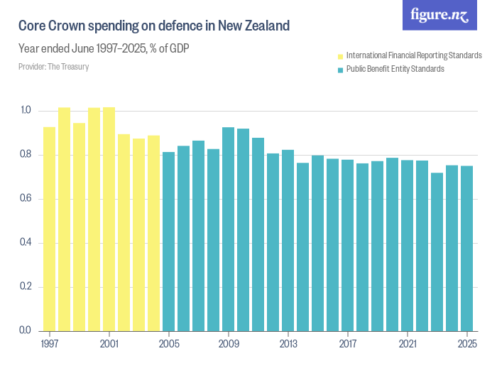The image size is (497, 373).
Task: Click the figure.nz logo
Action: pyautogui.click(x=439, y=15)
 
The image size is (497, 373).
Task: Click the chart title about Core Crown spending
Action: pyautogui.click(x=154, y=26)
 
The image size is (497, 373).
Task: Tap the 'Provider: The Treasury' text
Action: pyautogui.click(x=54, y=67)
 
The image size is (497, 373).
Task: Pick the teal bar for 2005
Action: pyautogui.click(x=168, y=242)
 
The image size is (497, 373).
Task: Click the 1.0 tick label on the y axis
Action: pyautogui.click(x=26, y=111)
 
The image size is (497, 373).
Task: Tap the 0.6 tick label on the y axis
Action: pyautogui.click(x=26, y=199)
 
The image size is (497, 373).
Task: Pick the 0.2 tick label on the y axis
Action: pyautogui.click(x=26, y=287)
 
